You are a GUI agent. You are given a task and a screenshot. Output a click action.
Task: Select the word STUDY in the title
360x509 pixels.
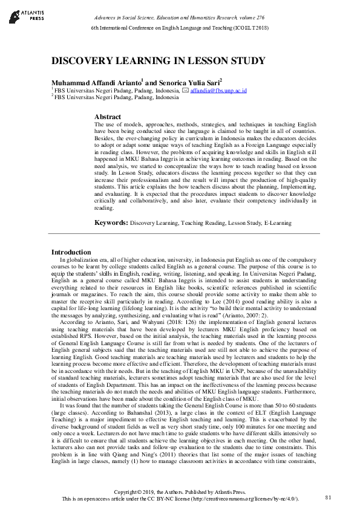coord(246,61)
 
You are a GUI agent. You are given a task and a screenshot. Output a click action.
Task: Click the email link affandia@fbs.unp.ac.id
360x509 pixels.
coord(218,90)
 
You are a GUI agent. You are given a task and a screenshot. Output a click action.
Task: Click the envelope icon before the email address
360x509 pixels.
coord(185,90)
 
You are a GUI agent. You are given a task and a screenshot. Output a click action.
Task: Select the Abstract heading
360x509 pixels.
coord(108,117)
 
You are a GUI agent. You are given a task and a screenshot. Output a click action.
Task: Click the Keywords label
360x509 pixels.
coord(111,222)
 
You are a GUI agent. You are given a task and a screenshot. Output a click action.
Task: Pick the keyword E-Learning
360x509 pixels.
coord(277,223)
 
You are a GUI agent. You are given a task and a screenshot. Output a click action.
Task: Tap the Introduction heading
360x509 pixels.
coord(71,252)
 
